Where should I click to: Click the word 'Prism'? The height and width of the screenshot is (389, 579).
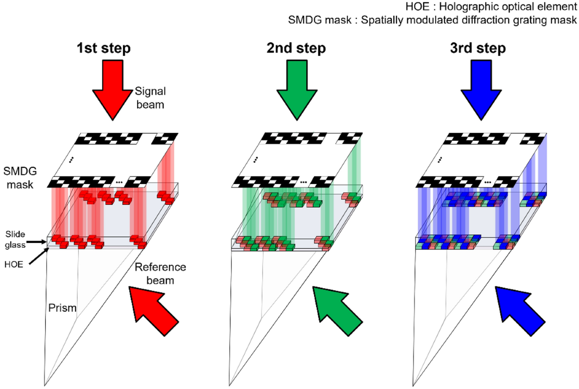click(x=61, y=308)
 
